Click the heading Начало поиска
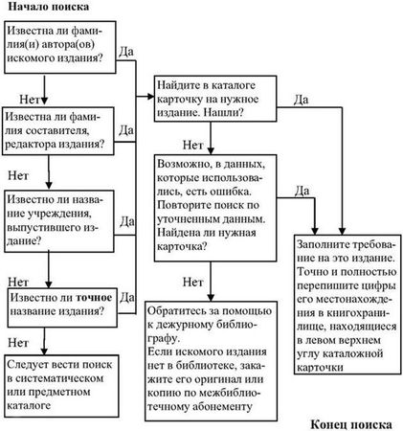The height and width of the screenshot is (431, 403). [x=56, y=9]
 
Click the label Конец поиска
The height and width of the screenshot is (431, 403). [x=356, y=422]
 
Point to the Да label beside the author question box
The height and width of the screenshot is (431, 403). [x=127, y=47]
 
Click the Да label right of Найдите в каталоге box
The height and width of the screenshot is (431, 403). [x=300, y=98]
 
